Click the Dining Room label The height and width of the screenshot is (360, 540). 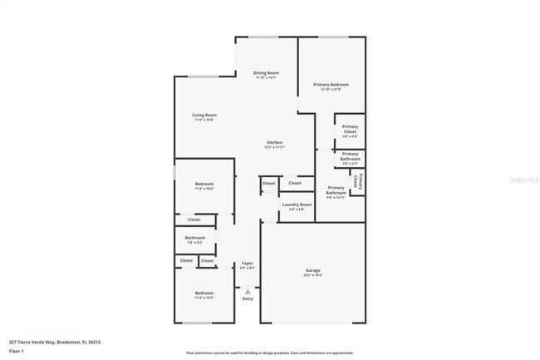point(266,73)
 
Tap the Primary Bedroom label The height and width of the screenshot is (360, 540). point(331,85)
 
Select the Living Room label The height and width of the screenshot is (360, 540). point(204,116)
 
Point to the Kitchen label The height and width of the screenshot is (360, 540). point(274,143)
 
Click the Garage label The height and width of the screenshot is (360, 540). point(312,271)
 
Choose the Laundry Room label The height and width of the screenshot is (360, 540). point(297,205)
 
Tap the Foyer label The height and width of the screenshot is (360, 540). point(247,264)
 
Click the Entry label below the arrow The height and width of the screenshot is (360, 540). point(247,298)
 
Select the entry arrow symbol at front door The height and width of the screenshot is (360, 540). point(247,290)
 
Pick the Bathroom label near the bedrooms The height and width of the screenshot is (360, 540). point(195,239)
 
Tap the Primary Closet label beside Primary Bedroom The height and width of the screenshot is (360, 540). point(350,130)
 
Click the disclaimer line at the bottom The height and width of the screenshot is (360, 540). point(270,353)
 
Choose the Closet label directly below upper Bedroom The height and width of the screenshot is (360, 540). point(194,219)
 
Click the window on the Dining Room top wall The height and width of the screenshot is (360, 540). point(265,37)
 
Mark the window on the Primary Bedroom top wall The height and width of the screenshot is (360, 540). point(333,37)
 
